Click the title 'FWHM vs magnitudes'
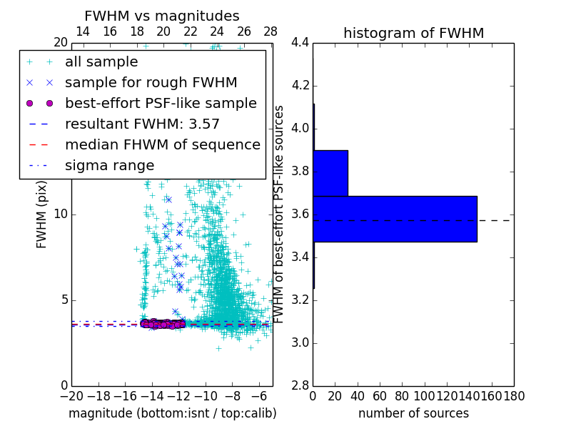(x=162, y=16)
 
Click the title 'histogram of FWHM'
(x=413, y=33)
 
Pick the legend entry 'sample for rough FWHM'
(x=151, y=83)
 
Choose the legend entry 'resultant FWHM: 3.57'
(x=142, y=124)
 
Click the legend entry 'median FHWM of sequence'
(x=162, y=144)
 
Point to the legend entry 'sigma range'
(x=109, y=165)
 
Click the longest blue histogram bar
(x=395, y=219)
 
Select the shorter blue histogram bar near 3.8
(x=330, y=173)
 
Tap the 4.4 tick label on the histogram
(x=300, y=43)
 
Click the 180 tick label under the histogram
(x=514, y=396)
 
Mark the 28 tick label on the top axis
(x=271, y=31)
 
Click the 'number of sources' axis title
(x=413, y=413)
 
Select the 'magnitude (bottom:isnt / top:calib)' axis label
(x=172, y=413)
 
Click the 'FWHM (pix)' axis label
(x=42, y=214)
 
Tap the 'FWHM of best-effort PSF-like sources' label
(x=279, y=214)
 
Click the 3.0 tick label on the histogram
(x=300, y=342)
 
